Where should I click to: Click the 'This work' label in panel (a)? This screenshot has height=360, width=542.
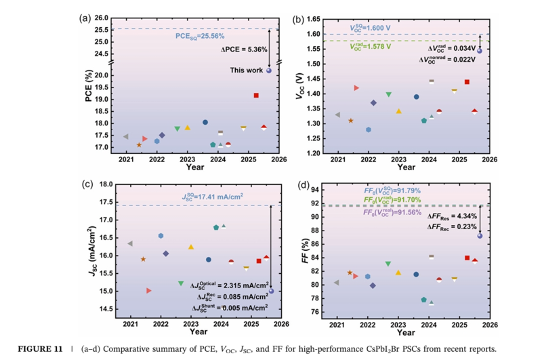[x=247, y=70]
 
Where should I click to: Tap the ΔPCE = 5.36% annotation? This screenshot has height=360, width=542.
[x=245, y=49]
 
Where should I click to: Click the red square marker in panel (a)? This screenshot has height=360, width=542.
[x=256, y=95]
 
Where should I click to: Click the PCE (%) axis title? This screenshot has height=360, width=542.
[x=89, y=87]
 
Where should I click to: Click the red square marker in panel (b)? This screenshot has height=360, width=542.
[x=467, y=81]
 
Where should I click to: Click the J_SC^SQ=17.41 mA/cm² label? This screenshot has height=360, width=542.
[x=212, y=197]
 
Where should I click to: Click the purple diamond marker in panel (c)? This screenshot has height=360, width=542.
[x=166, y=254]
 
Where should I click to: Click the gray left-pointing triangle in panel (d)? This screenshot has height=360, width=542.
[x=337, y=283]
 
